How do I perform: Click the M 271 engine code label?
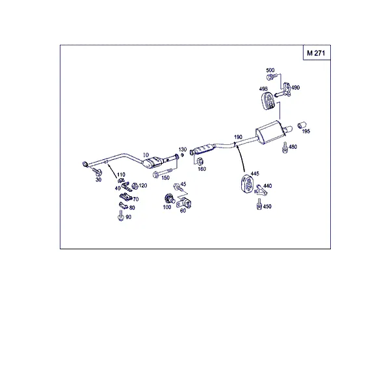coord(316,53)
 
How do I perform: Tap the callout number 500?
coord(270,70)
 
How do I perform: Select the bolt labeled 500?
coord(271,77)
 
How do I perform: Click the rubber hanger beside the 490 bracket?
coord(268,101)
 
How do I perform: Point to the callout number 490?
coord(295,87)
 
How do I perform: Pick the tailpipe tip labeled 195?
coord(302,125)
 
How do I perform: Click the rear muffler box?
coord(270,132)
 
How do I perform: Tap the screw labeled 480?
coord(285,148)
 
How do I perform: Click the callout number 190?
coord(238,137)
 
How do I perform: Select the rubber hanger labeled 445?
coord(247,184)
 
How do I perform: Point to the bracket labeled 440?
coord(261,190)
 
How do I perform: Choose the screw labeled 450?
coord(259,204)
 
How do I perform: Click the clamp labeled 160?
coord(200,161)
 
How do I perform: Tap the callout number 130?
coord(183,149)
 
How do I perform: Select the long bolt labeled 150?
coord(162,173)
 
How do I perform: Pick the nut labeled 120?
coord(135,186)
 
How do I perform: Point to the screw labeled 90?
coord(121,215)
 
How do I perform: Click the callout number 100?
coord(167,207)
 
